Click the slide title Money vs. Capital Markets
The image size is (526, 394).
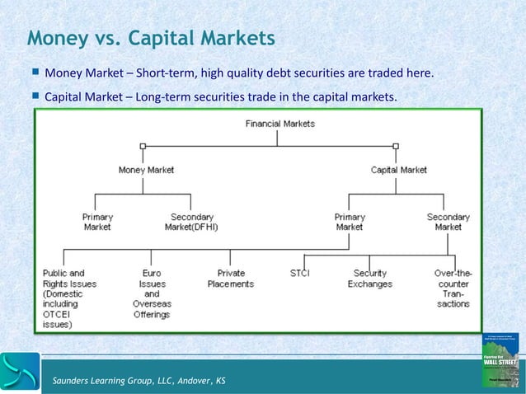(x=151, y=38)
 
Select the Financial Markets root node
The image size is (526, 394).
(x=280, y=124)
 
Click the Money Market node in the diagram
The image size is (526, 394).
(x=146, y=170)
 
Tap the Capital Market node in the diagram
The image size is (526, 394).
(x=399, y=170)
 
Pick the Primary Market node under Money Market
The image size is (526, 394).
(x=97, y=222)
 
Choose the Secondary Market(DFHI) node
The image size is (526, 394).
(x=191, y=222)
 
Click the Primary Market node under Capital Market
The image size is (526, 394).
(x=350, y=222)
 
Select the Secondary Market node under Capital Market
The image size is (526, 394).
(x=449, y=222)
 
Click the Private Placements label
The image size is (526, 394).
(x=231, y=278)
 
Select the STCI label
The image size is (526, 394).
(x=300, y=273)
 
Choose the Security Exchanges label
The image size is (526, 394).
(x=370, y=278)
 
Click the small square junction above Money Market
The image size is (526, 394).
(x=143, y=146)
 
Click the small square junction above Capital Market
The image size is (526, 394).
(x=396, y=146)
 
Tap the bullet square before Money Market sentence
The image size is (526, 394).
(x=35, y=73)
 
